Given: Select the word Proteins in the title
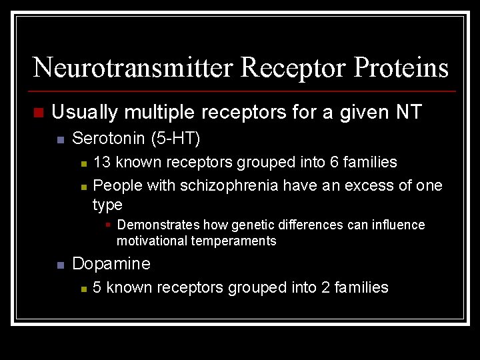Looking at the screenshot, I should (402, 67).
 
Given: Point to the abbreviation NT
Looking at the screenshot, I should (408, 112).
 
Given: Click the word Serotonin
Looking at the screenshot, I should (109, 139).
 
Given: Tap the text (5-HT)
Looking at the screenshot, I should (175, 139).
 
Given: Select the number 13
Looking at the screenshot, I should (102, 162).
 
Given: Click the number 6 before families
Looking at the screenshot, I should (335, 162).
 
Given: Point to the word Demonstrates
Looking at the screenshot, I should (158, 225).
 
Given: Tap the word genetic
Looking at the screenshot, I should (255, 225).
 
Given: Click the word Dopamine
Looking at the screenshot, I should (111, 263).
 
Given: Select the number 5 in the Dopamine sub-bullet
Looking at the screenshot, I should (97, 287).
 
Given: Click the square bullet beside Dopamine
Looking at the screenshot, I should (60, 265).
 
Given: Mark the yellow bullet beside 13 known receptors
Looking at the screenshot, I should (83, 163).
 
